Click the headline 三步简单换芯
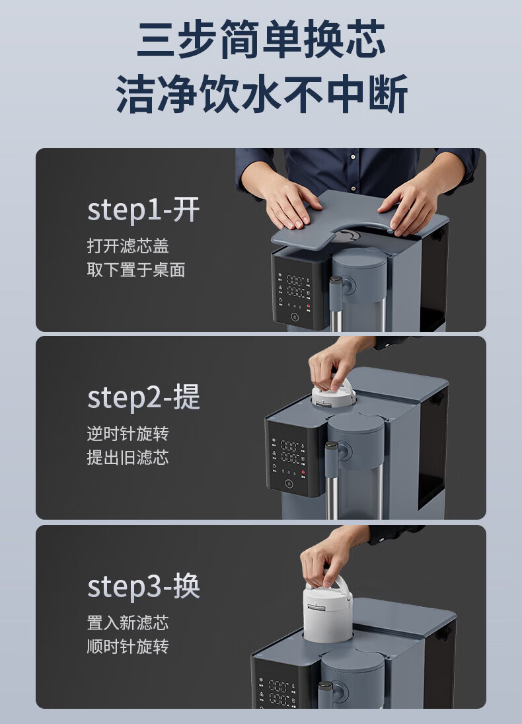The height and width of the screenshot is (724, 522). click(261, 39)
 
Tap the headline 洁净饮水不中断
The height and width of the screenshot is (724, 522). click(262, 94)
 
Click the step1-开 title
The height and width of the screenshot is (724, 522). click(143, 210)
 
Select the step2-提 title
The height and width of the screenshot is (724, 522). click(143, 397)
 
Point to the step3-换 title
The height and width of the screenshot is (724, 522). click(143, 586)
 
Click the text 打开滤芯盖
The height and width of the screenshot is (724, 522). click(128, 246)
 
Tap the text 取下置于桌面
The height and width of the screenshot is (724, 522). click(136, 270)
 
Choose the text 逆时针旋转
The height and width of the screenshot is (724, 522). click(128, 434)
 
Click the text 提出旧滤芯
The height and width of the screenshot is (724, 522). click(128, 457)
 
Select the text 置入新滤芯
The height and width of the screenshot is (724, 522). click(128, 622)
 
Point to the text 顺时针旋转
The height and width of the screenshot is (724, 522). click(128, 646)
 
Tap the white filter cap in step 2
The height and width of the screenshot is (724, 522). click(334, 395)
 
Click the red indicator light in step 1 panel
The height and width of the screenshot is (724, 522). click(309, 306)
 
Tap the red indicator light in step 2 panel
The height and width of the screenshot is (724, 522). click(303, 472)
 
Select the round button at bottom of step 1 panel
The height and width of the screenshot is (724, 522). click(295, 317)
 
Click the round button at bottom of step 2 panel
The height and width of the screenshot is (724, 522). click(289, 484)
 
